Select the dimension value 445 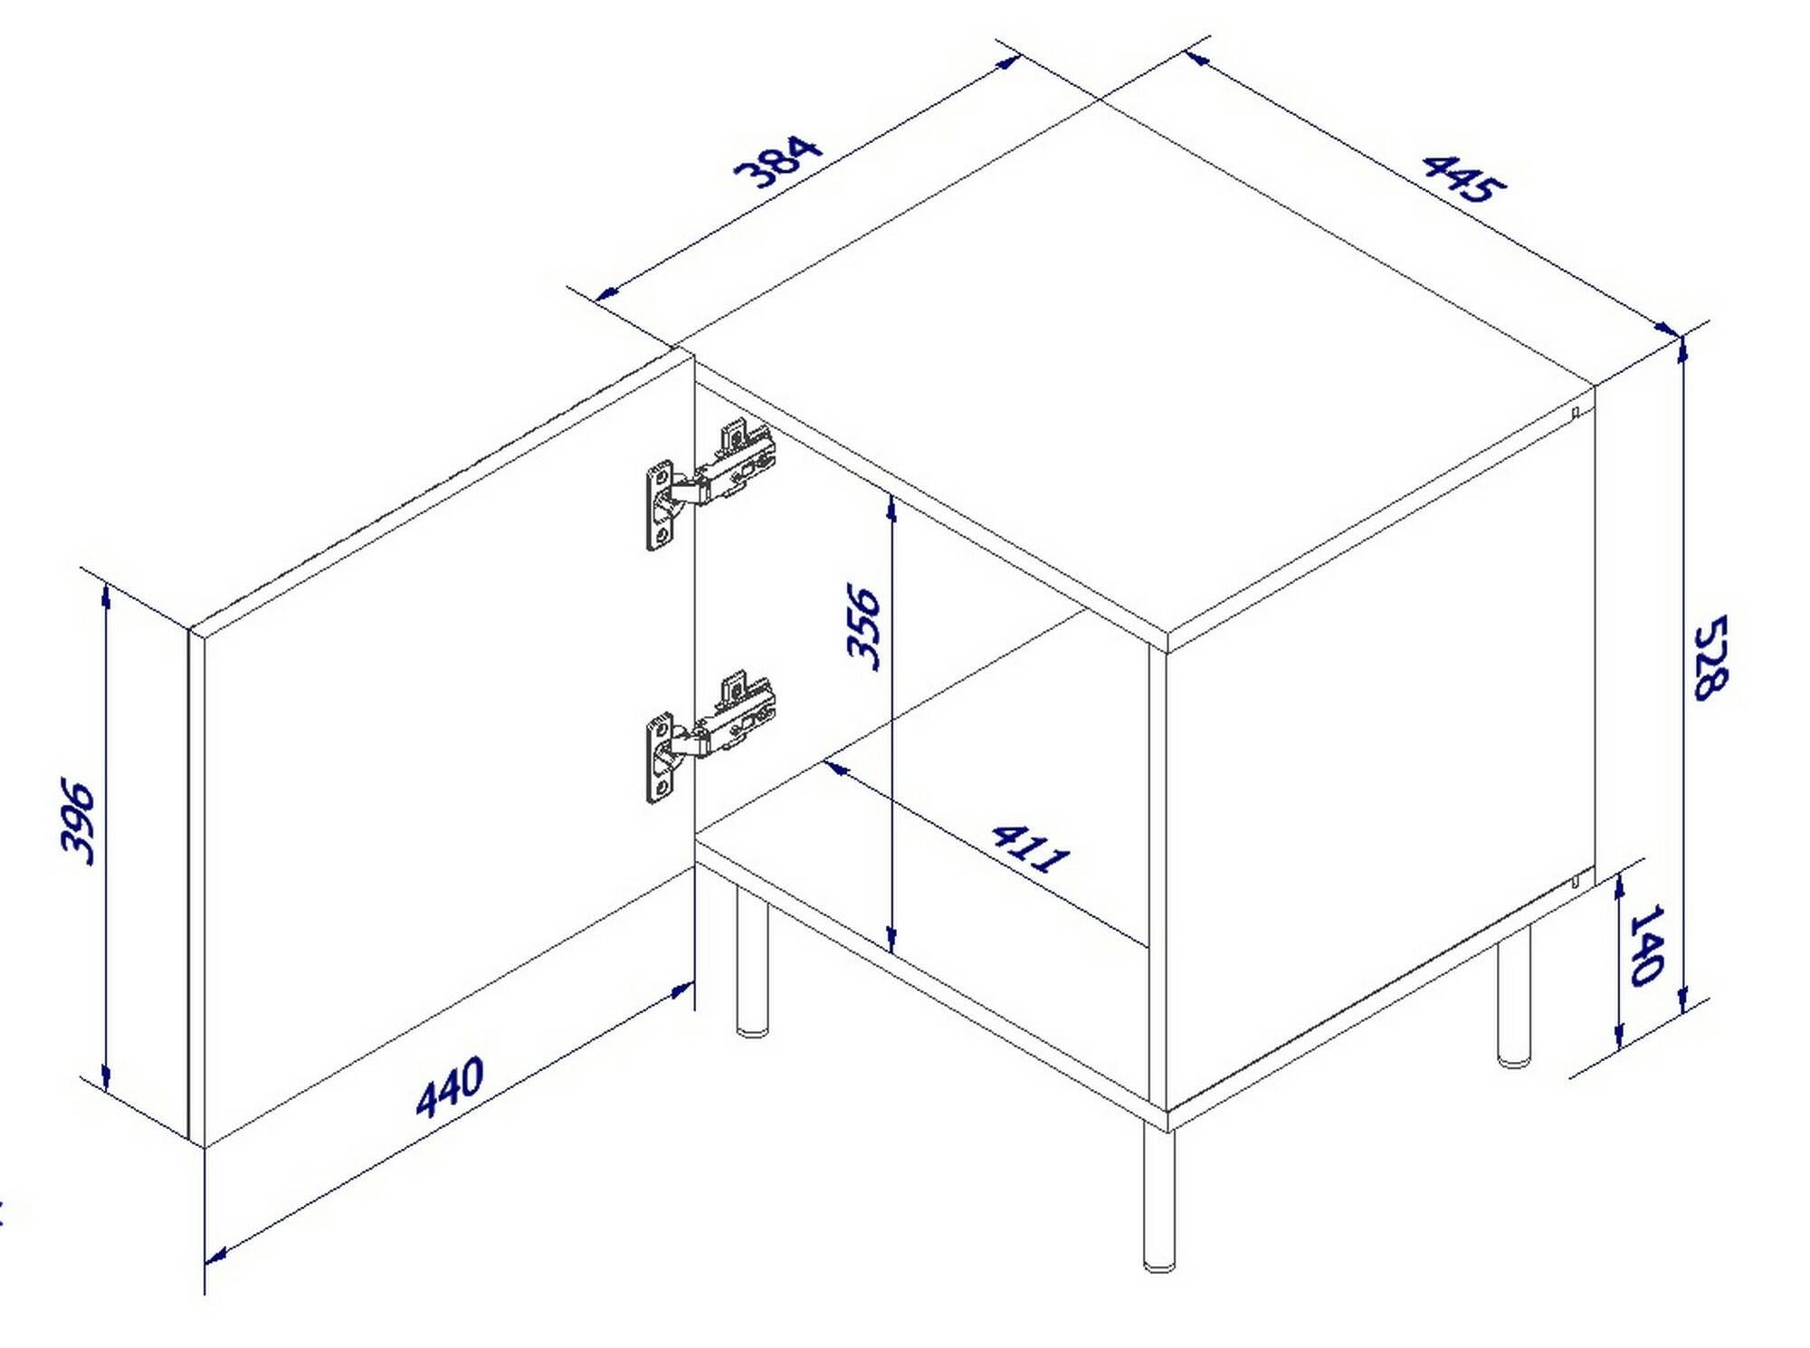1464,189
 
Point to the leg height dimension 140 1646,944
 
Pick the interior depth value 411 1031,847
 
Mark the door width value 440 450,1086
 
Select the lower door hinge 711,737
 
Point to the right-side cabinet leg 1514,995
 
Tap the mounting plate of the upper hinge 660,507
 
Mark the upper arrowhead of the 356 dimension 891,509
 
